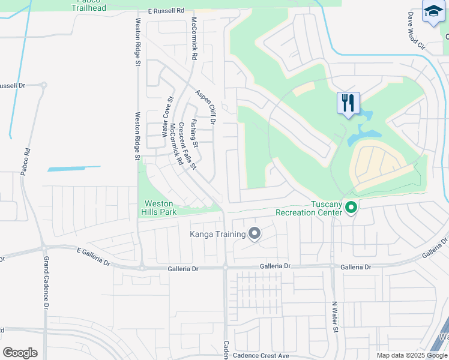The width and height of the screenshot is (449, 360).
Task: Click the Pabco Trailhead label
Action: coord(89,6)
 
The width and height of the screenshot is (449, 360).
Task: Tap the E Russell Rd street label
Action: coord(166,11)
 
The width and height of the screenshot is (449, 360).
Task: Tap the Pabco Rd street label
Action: coord(25,163)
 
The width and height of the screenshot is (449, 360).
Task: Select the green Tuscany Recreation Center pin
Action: coord(351,208)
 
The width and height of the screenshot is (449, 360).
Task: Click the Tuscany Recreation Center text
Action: coord(309,208)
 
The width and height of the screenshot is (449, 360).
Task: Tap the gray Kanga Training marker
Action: coord(255,234)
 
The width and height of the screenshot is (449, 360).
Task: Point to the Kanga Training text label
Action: coord(218,234)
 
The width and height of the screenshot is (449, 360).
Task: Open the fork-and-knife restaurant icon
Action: coord(349,103)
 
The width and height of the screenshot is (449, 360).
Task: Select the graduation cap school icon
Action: coord(433,11)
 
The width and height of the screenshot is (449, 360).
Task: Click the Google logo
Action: coord(20,353)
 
